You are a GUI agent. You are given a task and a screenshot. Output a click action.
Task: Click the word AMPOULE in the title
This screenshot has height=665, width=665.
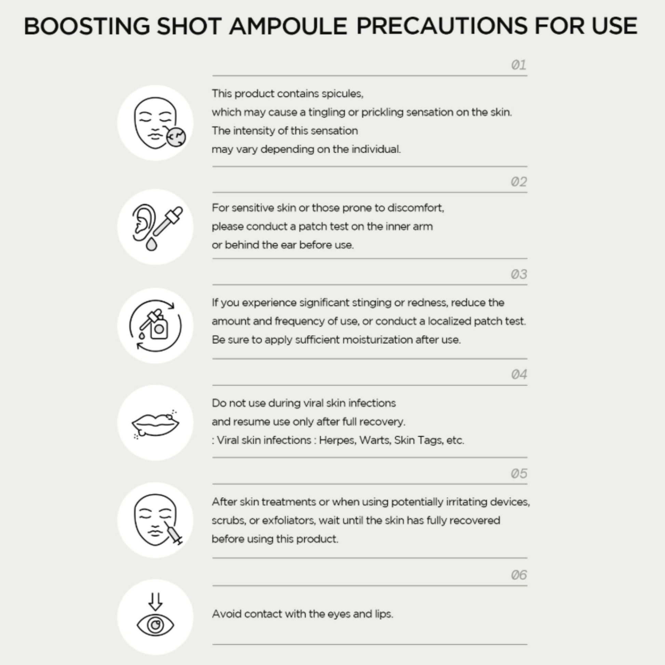click(x=288, y=26)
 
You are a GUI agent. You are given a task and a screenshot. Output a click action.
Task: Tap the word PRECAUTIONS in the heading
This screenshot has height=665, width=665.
click(x=442, y=26)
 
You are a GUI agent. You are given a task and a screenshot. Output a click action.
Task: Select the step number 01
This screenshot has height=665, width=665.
click(x=519, y=65)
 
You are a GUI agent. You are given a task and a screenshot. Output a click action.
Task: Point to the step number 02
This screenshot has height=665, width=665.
click(x=519, y=182)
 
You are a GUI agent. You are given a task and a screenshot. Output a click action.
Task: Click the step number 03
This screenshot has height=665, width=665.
click(x=519, y=274)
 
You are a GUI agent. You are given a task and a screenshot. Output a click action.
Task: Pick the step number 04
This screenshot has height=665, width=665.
click(x=519, y=374)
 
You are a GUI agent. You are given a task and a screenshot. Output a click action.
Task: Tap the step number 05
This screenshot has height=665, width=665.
click(x=519, y=474)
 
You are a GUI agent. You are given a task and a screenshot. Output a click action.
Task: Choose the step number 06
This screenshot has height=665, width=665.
click(x=519, y=575)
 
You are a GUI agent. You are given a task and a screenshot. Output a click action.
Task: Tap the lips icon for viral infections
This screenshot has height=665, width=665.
click(x=155, y=424)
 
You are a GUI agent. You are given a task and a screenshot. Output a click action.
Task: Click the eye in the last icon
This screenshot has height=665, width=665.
click(x=155, y=625)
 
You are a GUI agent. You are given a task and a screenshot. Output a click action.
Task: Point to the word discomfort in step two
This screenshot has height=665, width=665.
click(x=416, y=208)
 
